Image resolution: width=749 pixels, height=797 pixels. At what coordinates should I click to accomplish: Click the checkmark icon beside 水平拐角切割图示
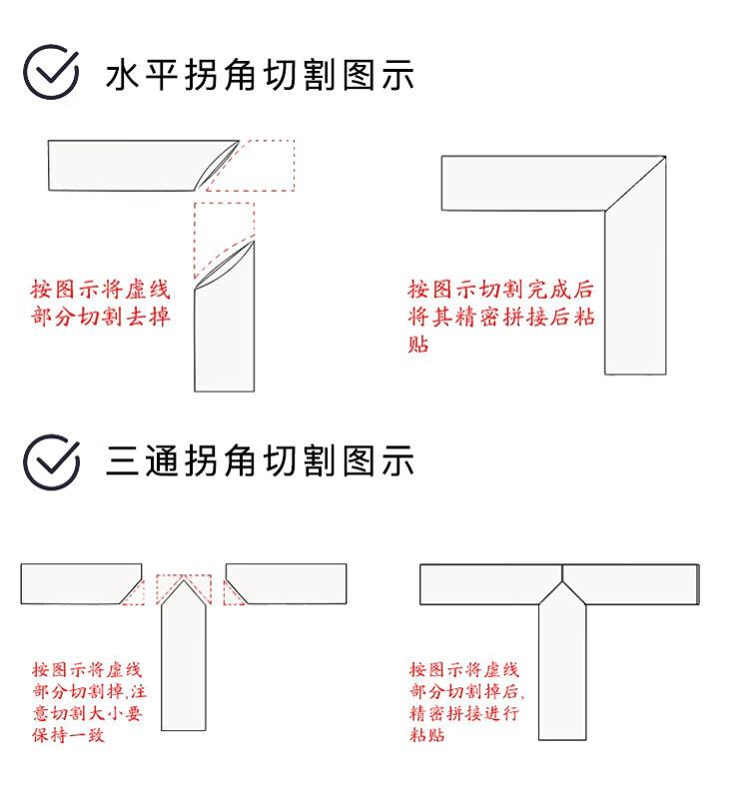tap(51, 72)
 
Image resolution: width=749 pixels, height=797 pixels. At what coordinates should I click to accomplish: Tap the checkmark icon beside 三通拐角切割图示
tap(51, 461)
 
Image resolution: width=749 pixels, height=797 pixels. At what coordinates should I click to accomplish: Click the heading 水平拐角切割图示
tap(260, 75)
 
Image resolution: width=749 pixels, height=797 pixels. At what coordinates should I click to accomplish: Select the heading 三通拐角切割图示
tap(260, 460)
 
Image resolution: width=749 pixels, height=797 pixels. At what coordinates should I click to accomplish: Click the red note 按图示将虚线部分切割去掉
tap(100, 303)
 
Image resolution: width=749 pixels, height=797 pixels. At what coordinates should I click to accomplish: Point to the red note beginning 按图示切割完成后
tap(501, 317)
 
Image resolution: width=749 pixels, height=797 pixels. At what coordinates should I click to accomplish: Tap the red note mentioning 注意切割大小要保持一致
tap(90, 702)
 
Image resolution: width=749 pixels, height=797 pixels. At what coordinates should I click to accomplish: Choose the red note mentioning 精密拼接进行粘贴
tap(467, 702)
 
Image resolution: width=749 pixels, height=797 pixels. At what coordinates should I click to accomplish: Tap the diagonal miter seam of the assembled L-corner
tap(635, 184)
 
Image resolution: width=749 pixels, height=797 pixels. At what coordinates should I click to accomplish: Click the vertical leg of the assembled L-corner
tap(635, 293)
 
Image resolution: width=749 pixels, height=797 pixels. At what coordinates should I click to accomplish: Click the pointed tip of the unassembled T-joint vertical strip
tap(183, 580)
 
